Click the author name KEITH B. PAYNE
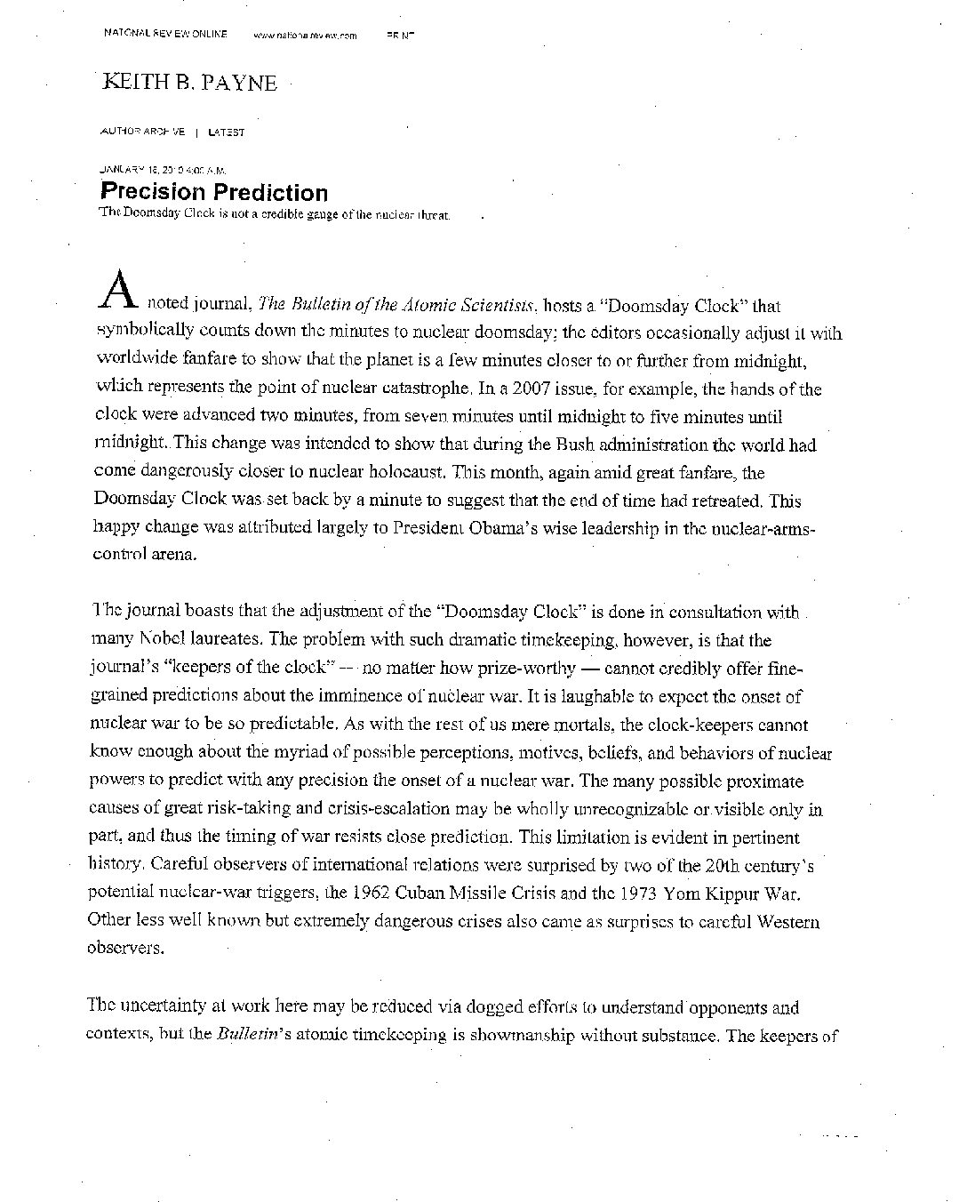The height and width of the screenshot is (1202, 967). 190,83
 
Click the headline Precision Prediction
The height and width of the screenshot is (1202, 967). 213,192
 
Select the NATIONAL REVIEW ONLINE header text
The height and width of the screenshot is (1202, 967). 165,34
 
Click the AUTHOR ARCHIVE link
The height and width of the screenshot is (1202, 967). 143,132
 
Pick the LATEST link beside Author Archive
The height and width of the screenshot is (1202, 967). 226,132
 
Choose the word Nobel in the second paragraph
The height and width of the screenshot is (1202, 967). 162,640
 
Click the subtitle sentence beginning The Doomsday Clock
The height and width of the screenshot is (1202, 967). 276,214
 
